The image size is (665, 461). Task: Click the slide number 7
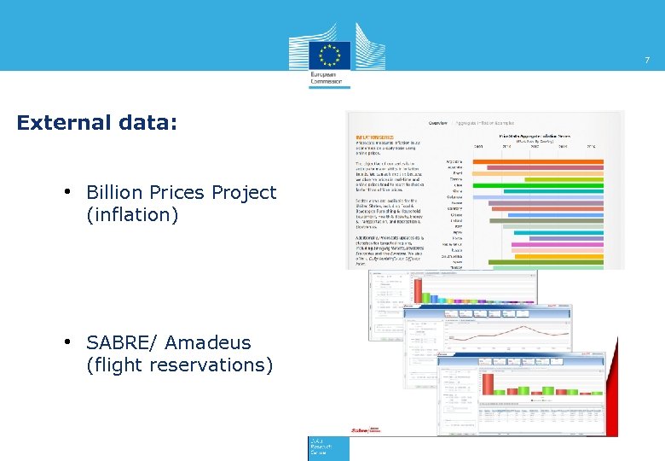coord(646,60)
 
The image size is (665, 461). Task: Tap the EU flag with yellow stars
coord(329,55)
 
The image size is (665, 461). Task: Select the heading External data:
coord(97,123)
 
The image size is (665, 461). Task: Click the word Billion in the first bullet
coord(115,193)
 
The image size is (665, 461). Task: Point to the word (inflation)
coord(132,215)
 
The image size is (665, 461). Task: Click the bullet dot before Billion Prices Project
coord(66,191)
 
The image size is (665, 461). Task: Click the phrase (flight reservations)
coord(180,365)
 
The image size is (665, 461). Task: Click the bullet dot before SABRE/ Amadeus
coord(66,341)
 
